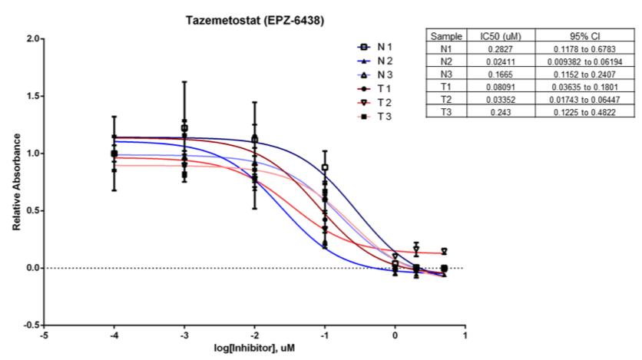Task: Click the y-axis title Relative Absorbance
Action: (16, 182)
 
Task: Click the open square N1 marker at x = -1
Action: (325, 167)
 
